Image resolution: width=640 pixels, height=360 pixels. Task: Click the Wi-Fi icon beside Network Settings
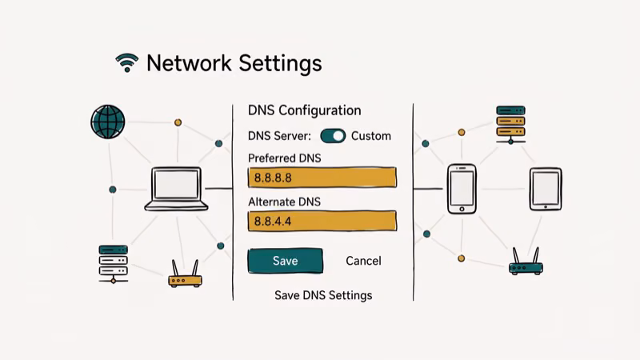click(126, 63)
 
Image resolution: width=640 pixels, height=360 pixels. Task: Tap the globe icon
click(108, 122)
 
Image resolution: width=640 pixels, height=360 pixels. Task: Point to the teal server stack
click(113, 263)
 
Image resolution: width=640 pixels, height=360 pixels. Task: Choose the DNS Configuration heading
click(304, 110)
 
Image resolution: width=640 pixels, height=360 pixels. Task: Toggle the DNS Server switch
click(333, 135)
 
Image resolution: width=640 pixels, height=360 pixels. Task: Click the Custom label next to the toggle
click(371, 136)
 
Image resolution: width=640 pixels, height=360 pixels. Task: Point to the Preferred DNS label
click(284, 158)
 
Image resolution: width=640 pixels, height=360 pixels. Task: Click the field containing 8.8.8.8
click(322, 178)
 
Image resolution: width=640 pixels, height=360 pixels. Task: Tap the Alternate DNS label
click(284, 202)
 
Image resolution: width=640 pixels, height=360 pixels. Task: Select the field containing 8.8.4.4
click(322, 221)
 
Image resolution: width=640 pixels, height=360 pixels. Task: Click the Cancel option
click(363, 261)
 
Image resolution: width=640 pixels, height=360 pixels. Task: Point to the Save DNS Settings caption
click(323, 295)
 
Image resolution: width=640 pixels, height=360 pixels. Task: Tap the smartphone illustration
click(462, 189)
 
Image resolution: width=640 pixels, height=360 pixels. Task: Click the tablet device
click(546, 189)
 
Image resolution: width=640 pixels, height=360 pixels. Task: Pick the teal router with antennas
click(526, 262)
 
